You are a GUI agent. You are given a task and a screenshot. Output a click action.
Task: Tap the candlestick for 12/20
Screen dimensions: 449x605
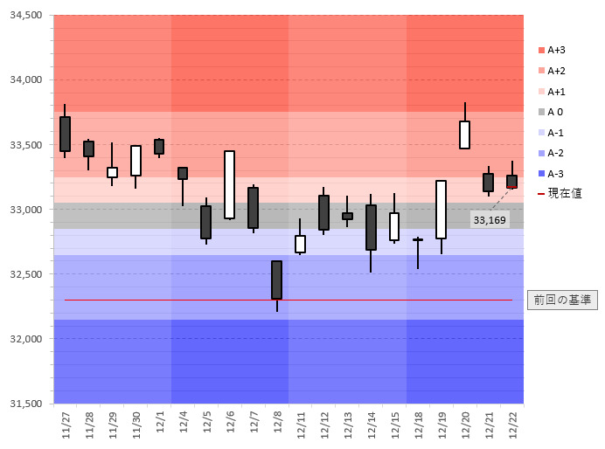coord(464,135)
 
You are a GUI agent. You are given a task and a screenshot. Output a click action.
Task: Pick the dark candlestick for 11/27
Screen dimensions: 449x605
coord(65,134)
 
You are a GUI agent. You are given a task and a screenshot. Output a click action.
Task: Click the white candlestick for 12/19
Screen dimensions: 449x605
coord(441,209)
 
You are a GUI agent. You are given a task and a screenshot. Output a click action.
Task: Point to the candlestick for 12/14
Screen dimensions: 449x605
coord(371,227)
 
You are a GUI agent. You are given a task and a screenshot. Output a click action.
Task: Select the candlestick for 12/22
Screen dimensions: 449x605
coord(511,181)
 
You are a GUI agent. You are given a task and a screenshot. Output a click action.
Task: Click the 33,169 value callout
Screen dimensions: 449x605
coord(490,220)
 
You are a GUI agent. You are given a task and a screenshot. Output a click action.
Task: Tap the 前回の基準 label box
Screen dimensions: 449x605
coord(562,300)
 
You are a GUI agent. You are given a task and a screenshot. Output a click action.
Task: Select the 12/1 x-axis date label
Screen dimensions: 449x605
coord(159,425)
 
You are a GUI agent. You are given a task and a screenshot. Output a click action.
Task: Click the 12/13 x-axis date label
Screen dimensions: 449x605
coord(347,425)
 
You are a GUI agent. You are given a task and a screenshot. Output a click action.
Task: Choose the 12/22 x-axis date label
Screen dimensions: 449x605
coord(512,425)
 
